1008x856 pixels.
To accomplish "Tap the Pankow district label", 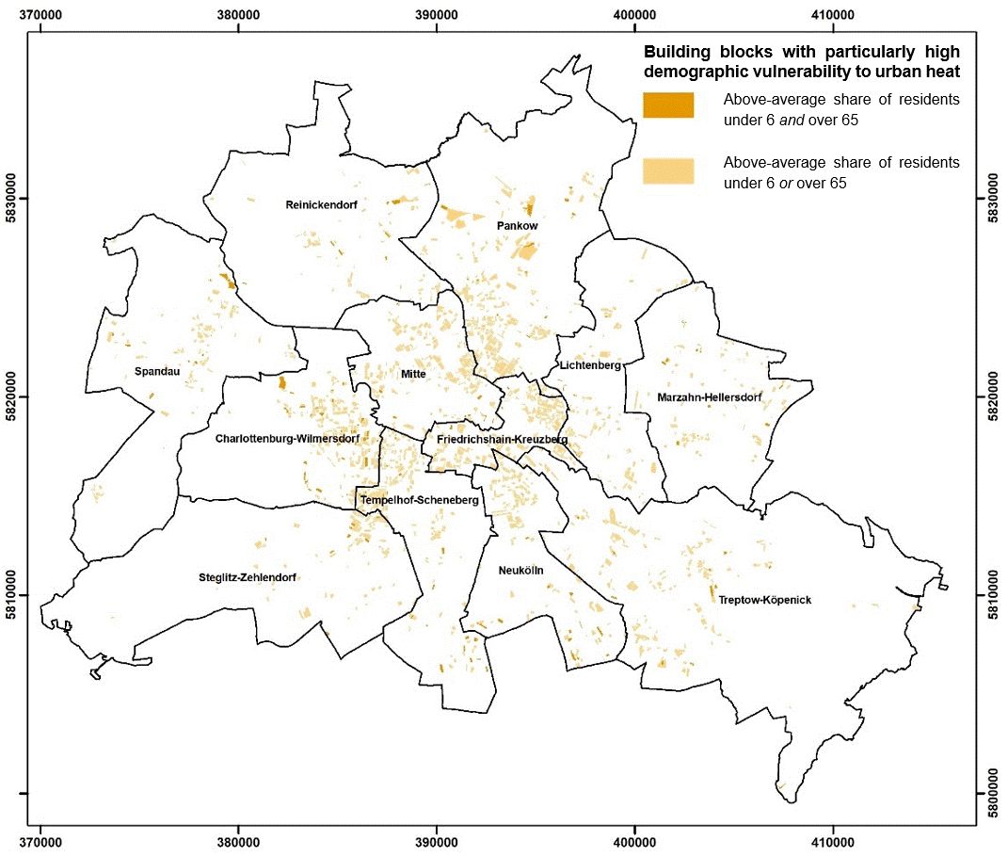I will pos(517,226).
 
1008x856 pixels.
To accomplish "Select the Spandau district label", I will pos(157,371).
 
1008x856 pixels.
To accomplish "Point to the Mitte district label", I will pos(413,374).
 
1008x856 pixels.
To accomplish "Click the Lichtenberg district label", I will pos(590,365).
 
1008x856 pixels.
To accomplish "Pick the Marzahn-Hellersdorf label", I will pos(709,397).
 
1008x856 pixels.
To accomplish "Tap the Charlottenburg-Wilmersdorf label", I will pos(299,439).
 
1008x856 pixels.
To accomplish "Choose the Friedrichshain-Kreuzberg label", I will pos(502,440).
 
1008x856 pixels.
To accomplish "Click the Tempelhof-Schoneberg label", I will pos(420,500).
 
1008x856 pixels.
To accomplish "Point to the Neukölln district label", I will pos(521,570).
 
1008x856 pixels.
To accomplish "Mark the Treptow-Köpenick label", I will pos(764,600).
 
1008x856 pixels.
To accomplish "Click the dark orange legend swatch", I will pos(667,105).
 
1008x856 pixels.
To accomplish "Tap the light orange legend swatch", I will pos(667,170).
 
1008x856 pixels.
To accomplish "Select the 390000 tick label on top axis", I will pos(437,15).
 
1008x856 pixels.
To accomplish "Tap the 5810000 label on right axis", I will pos(995,594).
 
